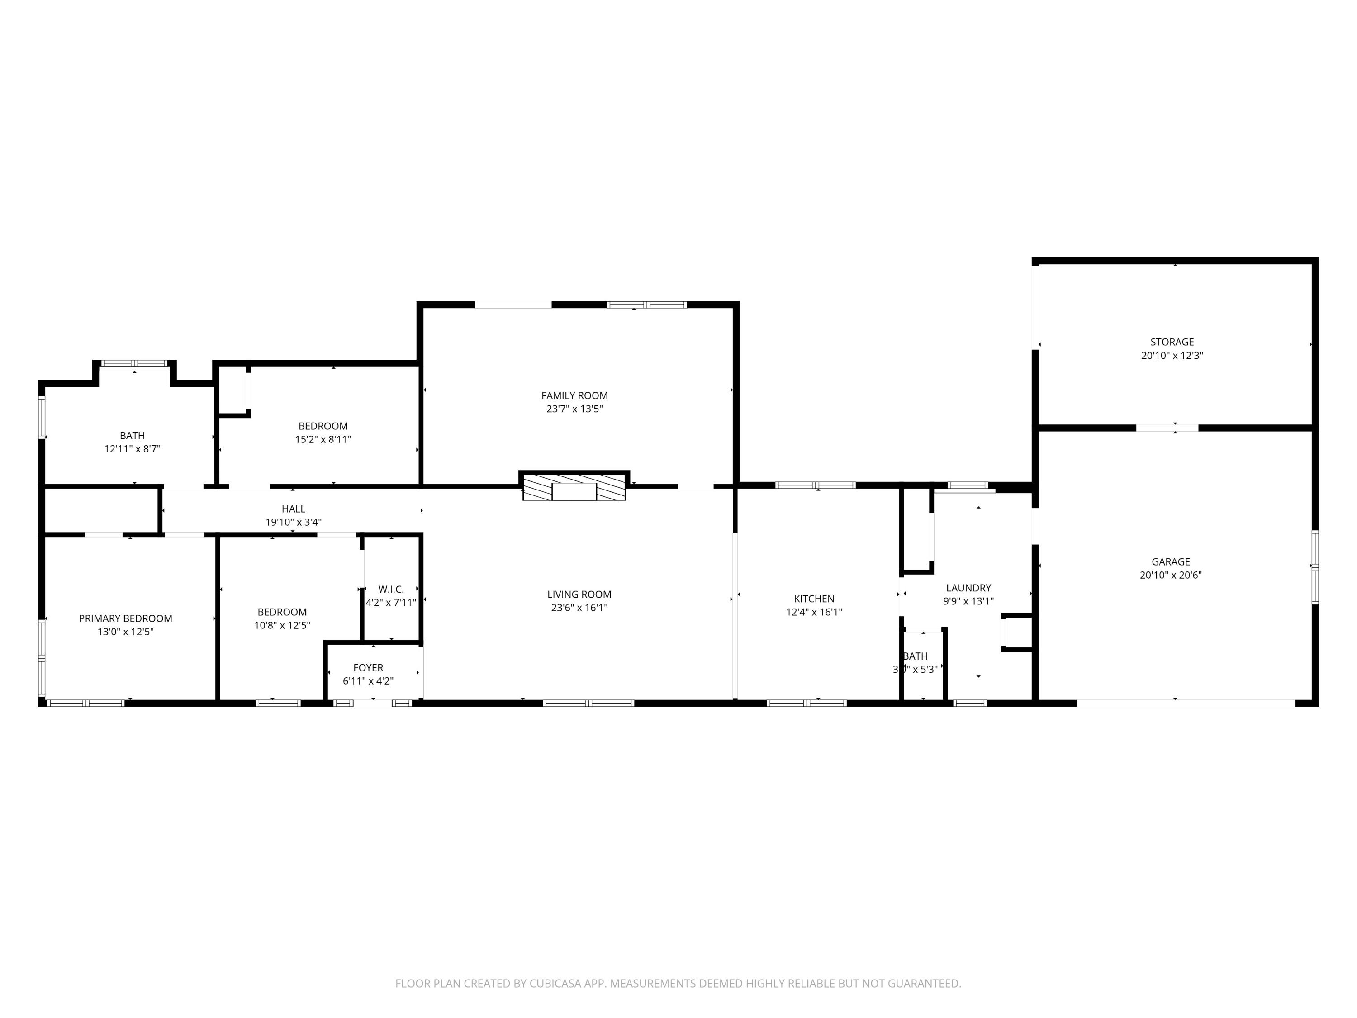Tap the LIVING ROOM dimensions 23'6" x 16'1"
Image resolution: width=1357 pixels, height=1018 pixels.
pyautogui.click(x=579, y=608)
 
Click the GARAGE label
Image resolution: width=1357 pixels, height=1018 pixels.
pyautogui.click(x=1171, y=561)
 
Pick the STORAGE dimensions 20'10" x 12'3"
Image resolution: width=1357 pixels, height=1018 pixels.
pyautogui.click(x=1172, y=355)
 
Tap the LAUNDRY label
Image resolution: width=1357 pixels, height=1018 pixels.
pyautogui.click(x=968, y=588)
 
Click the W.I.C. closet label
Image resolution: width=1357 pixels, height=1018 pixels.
pyautogui.click(x=391, y=590)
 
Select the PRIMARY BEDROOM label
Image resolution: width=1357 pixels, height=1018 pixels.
pyautogui.click(x=125, y=618)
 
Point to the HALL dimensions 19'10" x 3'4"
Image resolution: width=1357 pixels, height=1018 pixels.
pyautogui.click(x=293, y=522)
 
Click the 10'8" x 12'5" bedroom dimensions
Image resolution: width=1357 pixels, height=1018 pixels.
pyautogui.click(x=282, y=625)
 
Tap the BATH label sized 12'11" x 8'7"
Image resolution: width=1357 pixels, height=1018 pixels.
pyautogui.click(x=133, y=436)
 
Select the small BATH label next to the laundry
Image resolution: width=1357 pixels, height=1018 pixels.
pyautogui.click(x=916, y=656)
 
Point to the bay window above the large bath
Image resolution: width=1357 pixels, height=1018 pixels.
pyautogui.click(x=134, y=364)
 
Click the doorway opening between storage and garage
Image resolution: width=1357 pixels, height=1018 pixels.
pyautogui.click(x=1167, y=428)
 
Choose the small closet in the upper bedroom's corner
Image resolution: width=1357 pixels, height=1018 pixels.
pyautogui.click(x=232, y=390)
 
